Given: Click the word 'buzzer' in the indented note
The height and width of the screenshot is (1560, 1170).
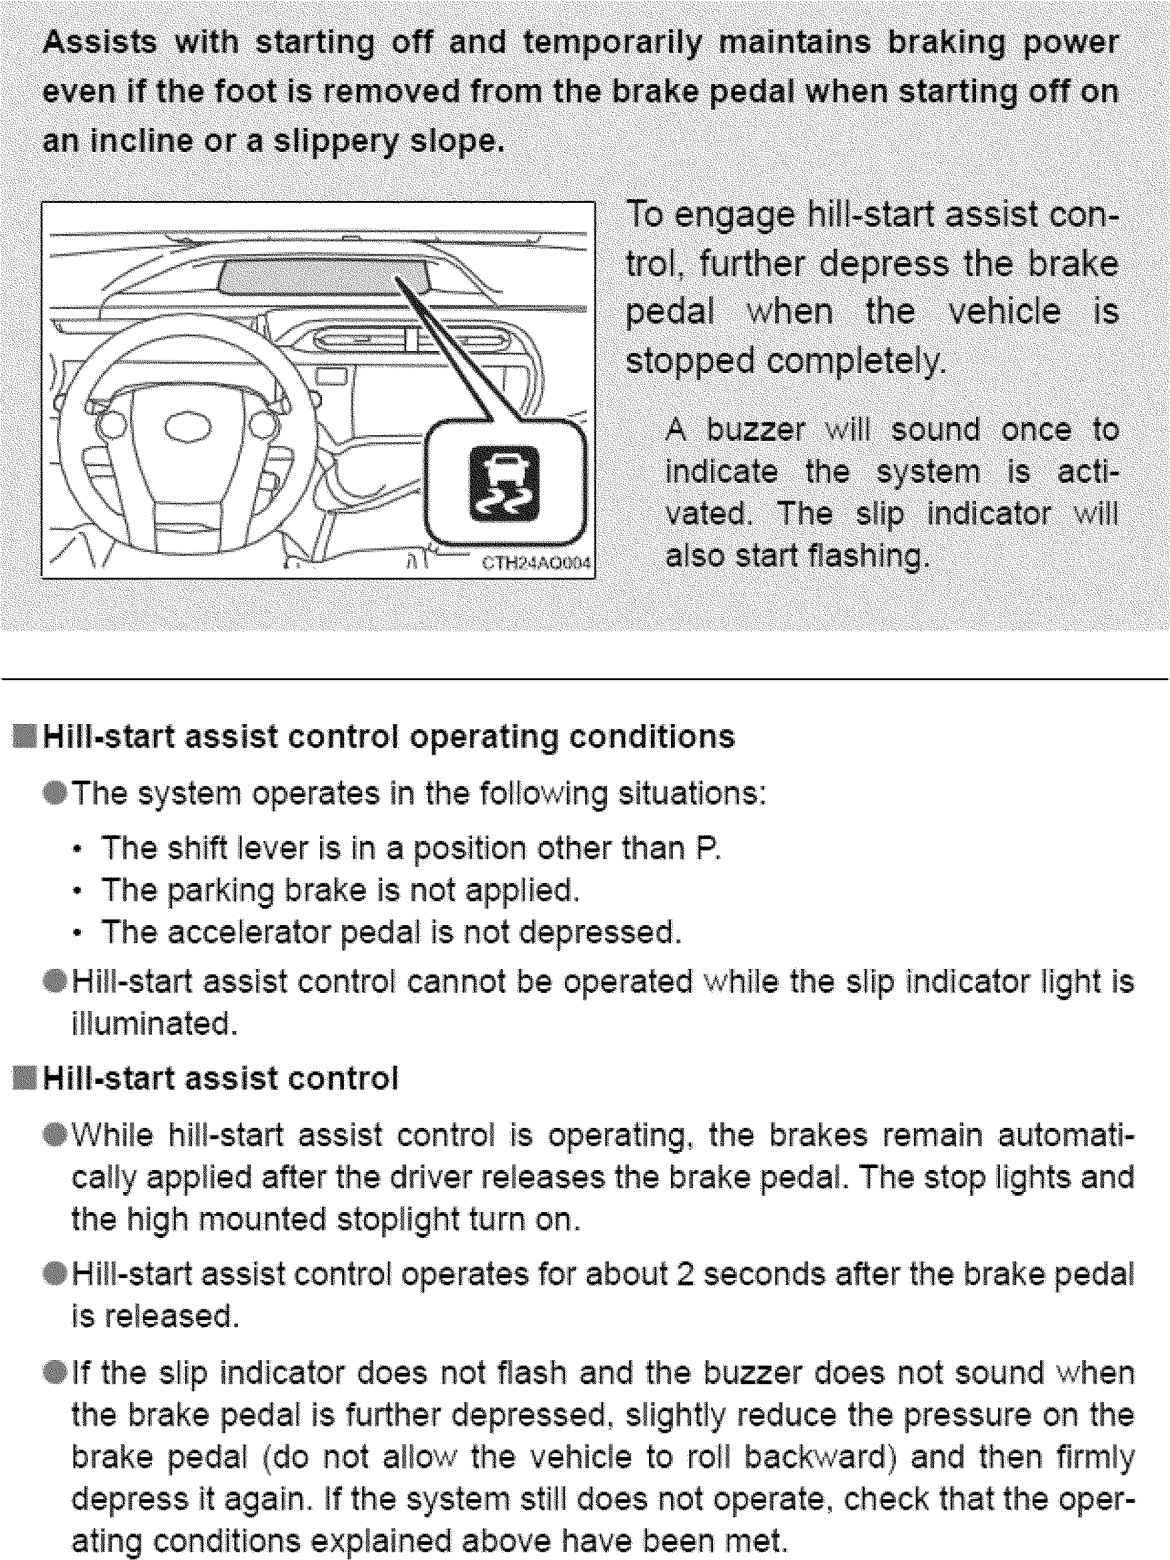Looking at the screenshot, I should tap(756, 430).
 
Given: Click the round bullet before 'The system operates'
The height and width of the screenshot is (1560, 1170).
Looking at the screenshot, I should tap(55, 793).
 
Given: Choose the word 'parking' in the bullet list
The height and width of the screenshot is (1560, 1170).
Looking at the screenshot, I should tap(220, 891).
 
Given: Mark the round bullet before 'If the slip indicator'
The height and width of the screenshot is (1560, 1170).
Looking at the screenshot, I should tap(55, 1372).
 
